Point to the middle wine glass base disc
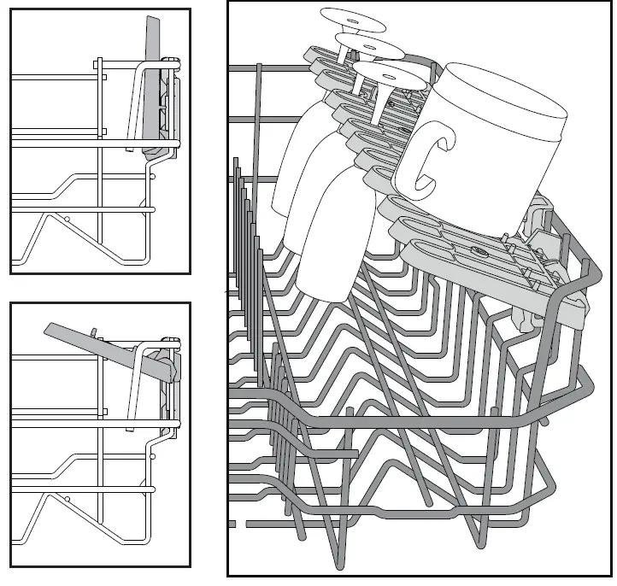[x=369, y=45]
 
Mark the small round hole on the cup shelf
[x=479, y=252]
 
